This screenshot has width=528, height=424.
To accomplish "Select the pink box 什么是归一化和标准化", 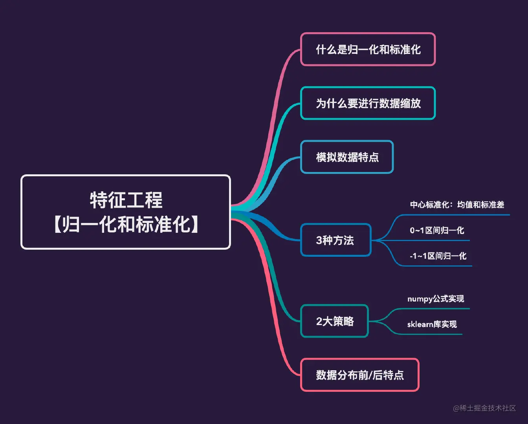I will (x=368, y=49).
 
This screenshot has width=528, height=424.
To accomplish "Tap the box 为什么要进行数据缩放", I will (x=368, y=103).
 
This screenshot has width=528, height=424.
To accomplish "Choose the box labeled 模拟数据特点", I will (x=347, y=157).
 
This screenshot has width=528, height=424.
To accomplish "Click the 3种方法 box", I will (x=335, y=240).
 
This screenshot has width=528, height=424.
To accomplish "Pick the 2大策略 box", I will (x=335, y=321).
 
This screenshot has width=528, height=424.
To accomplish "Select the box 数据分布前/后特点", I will (x=359, y=375).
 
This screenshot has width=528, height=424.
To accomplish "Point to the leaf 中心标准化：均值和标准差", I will (x=457, y=205).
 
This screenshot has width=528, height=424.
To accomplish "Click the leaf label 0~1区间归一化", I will (x=437, y=230).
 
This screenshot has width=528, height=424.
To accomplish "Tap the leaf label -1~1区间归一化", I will (x=438, y=256).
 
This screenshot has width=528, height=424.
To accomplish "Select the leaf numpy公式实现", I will (x=436, y=299).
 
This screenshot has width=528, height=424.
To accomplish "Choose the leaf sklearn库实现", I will (x=432, y=324).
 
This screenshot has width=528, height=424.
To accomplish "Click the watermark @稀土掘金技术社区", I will (x=484, y=408).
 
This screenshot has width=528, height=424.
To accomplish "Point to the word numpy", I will (x=420, y=299).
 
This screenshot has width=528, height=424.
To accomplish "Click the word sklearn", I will (x=420, y=324).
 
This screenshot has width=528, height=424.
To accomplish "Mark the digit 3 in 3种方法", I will (x=319, y=240).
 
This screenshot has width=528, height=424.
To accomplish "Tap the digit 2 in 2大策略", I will (x=319, y=322).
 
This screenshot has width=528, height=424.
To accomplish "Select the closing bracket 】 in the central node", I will (x=194, y=225).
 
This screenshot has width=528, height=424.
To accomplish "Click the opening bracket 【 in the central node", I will (x=57, y=225).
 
